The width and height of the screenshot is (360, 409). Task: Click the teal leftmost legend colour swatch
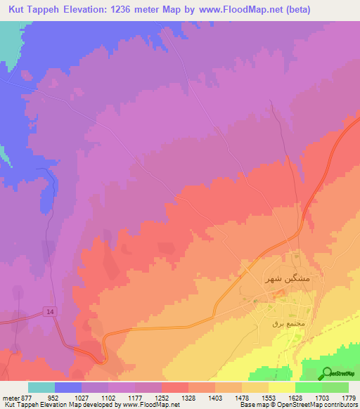click(41, 387)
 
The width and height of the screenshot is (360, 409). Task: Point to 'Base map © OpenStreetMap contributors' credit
click(299, 405)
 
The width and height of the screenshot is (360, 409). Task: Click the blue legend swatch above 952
click(68, 387)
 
